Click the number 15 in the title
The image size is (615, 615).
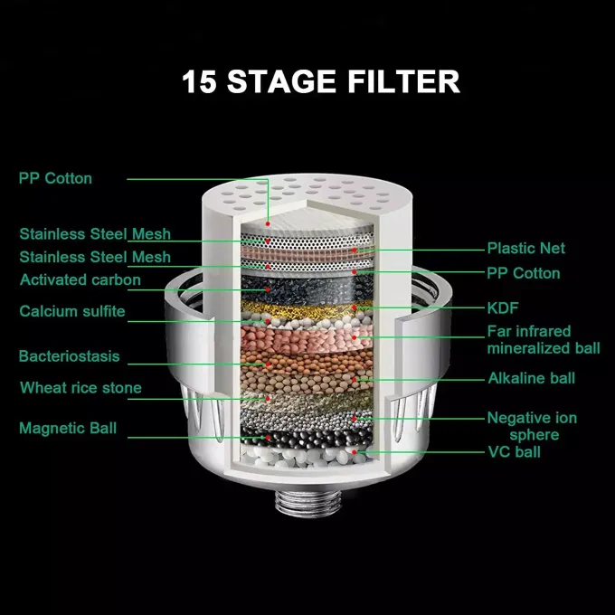click(x=199, y=81)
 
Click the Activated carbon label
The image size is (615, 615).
click(x=80, y=279)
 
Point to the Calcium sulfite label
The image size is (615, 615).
click(x=72, y=312)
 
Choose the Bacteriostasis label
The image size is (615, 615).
click(x=69, y=356)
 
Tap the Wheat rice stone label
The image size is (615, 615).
click(x=80, y=388)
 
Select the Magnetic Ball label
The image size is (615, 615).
click(x=68, y=428)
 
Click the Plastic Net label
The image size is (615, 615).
click(x=526, y=248)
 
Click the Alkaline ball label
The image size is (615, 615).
click(x=531, y=378)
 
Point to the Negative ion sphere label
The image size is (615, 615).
click(x=532, y=426)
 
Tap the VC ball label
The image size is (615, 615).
click(x=514, y=451)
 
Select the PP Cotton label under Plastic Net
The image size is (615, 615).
click(x=524, y=273)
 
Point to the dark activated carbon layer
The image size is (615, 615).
click(x=307, y=289)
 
